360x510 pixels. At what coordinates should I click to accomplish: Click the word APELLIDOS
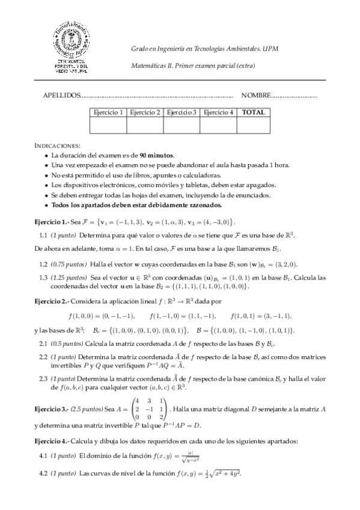coord(61,95)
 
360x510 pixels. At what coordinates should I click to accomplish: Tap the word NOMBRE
coord(256,95)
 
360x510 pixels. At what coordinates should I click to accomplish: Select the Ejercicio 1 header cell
coord(108,112)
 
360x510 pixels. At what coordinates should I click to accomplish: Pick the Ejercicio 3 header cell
coord(182,112)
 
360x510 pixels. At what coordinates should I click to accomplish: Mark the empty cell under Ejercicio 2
coord(145,125)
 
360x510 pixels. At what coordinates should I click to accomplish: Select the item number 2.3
coord(43,378)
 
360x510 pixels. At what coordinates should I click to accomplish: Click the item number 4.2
coord(43,473)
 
